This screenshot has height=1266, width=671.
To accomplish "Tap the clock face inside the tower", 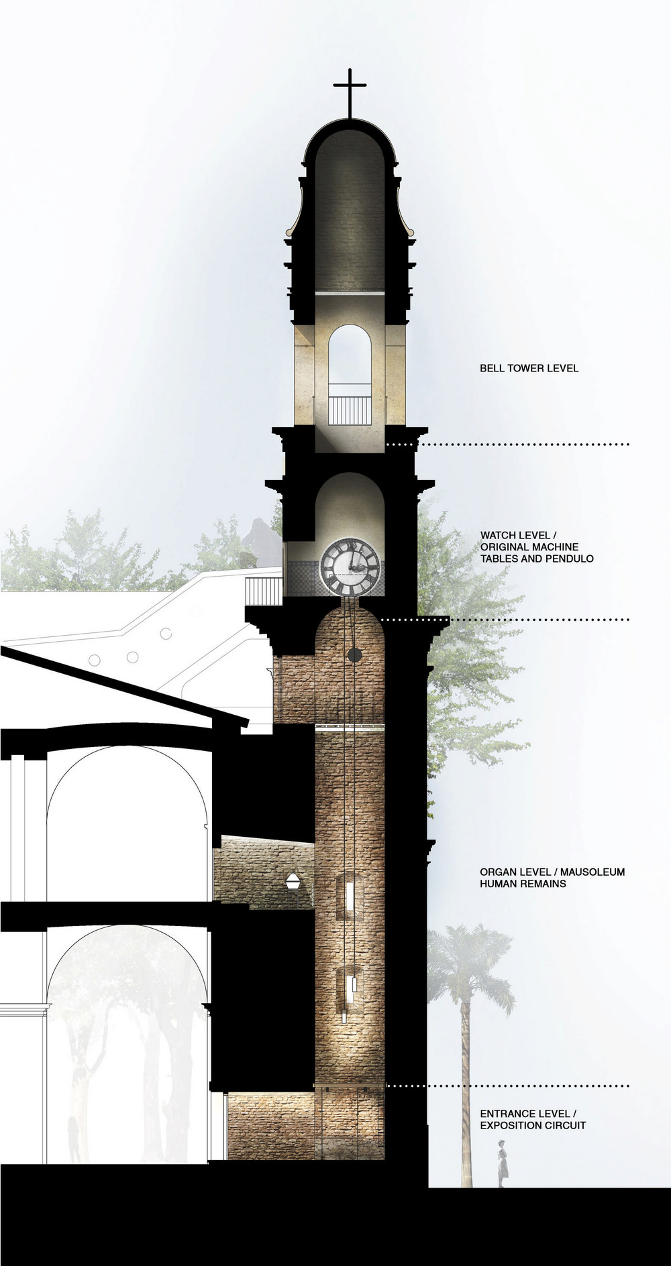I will tap(350, 567).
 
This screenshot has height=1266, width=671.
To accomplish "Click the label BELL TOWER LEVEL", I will tap(529, 368).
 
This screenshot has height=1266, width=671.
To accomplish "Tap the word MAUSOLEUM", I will tap(592, 872).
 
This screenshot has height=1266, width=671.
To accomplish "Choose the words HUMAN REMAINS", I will tap(523, 884).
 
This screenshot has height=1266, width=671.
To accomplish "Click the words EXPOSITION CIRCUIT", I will tap(533, 1125).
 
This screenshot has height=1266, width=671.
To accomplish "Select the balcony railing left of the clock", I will tap(264, 591).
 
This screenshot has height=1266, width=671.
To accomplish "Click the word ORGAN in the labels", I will tap(497, 872).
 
